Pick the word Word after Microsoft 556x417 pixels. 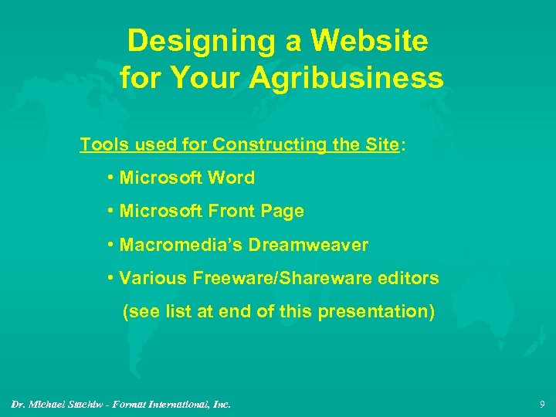(231, 178)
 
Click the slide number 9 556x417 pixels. (542, 402)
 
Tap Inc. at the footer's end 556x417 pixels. (222, 403)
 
